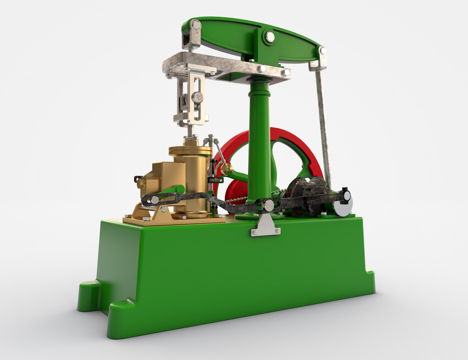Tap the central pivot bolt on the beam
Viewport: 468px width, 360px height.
point(269,36)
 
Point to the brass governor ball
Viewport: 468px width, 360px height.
point(228,168)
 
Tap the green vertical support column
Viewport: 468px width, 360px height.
point(259,140)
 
